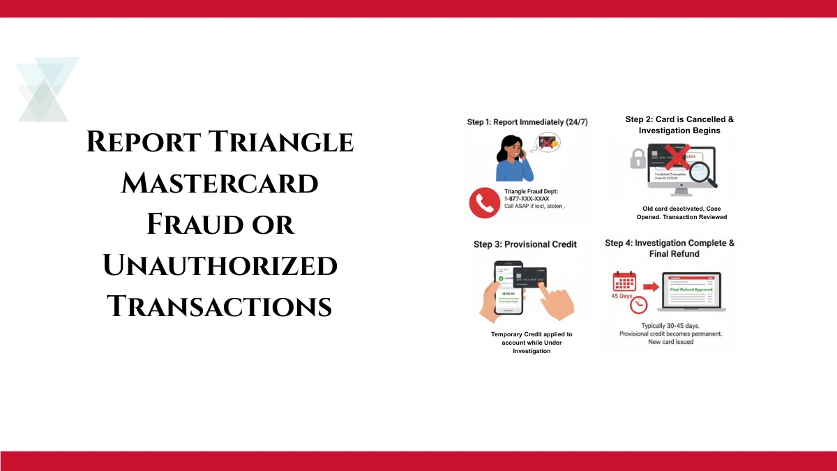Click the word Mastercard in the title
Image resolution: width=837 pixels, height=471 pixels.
tap(220, 184)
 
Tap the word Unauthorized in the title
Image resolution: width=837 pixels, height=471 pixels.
tap(220, 266)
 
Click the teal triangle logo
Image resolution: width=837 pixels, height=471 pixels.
tap(46, 89)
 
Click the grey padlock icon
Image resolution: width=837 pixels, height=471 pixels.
tap(637, 160)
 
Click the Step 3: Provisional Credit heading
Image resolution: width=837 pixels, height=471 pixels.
tap(525, 244)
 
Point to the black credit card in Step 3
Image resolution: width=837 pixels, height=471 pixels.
tap(529, 280)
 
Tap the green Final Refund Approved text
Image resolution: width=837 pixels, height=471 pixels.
tap(691, 290)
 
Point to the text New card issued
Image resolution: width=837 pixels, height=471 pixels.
tap(670, 342)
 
